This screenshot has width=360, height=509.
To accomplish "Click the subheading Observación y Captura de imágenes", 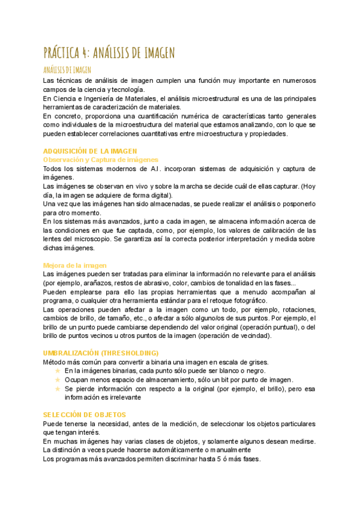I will (100, 160).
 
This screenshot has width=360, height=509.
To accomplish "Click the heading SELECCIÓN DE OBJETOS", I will (84, 415).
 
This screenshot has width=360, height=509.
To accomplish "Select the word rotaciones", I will (296, 310).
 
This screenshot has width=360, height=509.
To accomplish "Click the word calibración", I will (282, 230).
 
